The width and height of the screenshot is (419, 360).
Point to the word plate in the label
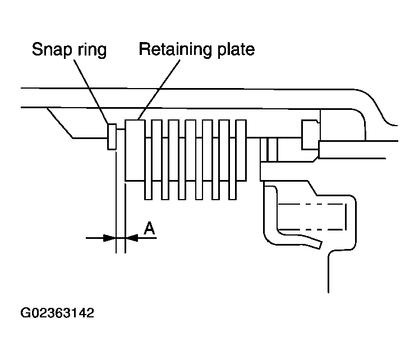click(236, 49)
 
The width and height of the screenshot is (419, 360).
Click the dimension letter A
click(149, 228)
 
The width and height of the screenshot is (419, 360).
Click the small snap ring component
click(111, 137)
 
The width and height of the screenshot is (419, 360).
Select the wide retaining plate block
click(135, 150)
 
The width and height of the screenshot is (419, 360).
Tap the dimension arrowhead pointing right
click(110, 238)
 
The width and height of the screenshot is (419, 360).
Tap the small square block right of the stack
click(310, 135)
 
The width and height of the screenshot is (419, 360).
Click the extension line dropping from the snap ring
click(115, 196)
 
